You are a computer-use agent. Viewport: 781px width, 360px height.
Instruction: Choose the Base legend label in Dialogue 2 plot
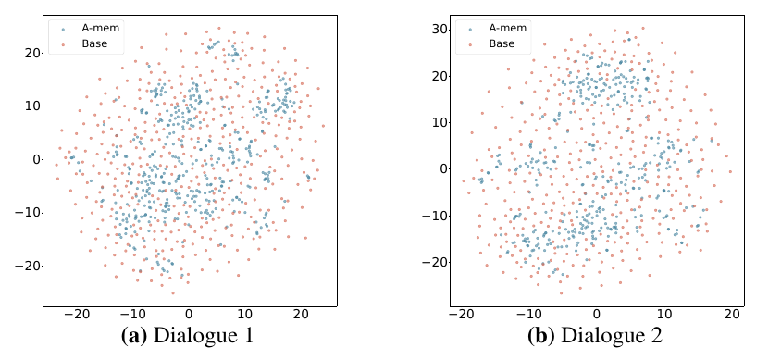[502, 43]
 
